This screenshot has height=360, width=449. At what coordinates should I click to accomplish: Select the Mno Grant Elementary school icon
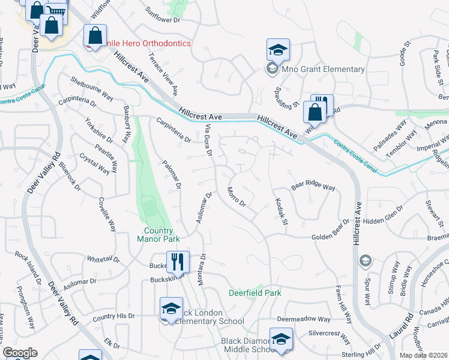tap(278, 50)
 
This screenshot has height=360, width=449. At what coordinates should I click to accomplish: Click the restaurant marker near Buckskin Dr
tap(177, 262)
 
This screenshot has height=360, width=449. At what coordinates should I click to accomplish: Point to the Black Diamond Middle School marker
tap(280, 340)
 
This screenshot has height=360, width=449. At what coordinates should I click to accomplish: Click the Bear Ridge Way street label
tap(313, 186)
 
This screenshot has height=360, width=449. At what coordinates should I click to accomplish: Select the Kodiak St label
tap(282, 213)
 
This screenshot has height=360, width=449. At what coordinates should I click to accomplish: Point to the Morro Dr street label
tap(237, 197)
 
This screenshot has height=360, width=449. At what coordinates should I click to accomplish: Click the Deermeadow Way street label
tap(303, 320)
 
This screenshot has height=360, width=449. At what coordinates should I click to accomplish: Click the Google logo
tap(20, 353)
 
